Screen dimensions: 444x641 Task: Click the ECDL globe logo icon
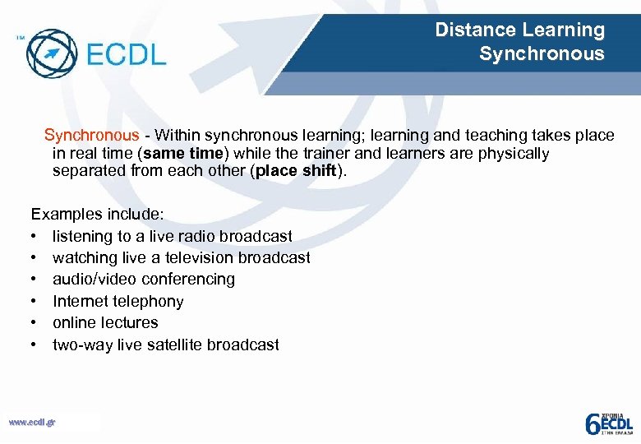point(51,53)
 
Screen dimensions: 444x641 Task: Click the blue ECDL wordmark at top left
point(125,55)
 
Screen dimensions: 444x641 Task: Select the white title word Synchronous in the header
point(542,54)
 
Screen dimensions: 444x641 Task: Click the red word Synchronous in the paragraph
point(91,136)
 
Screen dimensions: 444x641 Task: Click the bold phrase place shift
point(296,171)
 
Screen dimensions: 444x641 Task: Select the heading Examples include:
point(97,215)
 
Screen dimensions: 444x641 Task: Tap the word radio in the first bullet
point(187,236)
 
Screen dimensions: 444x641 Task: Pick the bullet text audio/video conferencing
point(144,280)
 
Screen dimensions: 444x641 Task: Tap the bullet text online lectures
point(105,323)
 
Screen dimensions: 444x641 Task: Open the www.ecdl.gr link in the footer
point(32,422)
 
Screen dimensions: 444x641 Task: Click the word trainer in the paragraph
point(339,154)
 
